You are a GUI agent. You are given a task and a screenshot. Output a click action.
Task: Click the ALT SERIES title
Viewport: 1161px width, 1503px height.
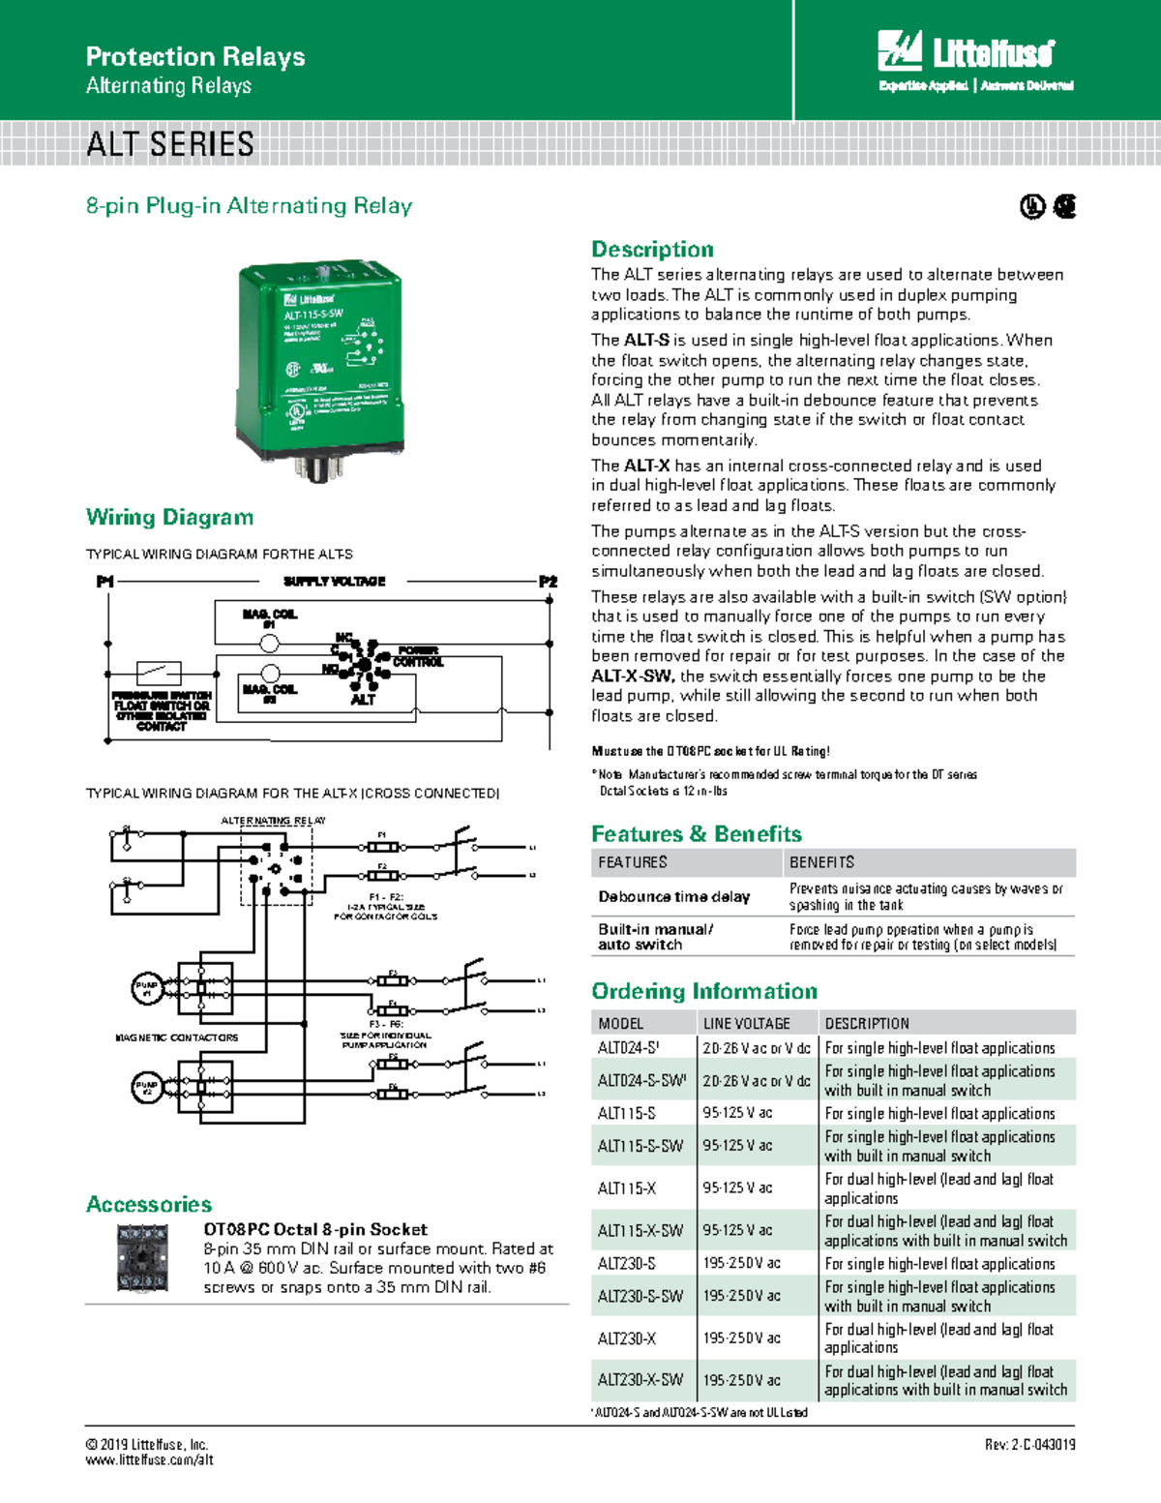[170, 145]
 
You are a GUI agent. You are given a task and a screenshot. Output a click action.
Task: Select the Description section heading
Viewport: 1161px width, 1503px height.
[652, 250]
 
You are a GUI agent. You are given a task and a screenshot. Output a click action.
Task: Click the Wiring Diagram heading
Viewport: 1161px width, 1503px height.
[170, 518]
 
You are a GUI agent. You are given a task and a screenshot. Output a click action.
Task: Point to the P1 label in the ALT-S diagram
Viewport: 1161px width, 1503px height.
[104, 582]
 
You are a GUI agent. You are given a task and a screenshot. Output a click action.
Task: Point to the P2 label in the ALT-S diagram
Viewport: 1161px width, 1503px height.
[548, 582]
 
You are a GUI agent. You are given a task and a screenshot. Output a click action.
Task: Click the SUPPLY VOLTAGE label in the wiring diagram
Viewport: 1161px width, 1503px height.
[334, 582]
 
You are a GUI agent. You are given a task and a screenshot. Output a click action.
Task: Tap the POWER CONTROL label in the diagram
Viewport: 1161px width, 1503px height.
[418, 657]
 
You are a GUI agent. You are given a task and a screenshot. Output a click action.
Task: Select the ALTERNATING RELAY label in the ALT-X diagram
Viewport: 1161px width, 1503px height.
[273, 821]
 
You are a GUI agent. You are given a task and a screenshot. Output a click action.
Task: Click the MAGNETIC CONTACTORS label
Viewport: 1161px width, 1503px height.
[176, 1037]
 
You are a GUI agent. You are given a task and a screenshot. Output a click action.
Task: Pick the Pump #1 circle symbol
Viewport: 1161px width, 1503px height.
[146, 988]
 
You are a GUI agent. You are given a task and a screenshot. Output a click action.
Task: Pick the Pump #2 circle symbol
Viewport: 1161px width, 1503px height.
[146, 1087]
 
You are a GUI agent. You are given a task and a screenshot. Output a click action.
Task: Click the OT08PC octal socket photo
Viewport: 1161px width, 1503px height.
[142, 1258]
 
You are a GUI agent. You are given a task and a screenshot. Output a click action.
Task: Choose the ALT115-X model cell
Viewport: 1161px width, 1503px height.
[627, 1188]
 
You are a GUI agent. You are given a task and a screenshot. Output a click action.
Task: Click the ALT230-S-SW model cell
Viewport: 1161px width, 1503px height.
[640, 1296]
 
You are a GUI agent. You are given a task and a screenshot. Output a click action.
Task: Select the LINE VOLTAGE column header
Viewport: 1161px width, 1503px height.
[746, 1024]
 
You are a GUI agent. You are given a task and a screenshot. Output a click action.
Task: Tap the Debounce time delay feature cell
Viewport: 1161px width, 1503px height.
[673, 897]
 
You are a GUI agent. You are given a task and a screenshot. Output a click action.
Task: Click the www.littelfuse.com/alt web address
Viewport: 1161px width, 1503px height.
[149, 1460]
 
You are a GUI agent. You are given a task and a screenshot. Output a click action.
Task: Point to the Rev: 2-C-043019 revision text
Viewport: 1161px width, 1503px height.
[1029, 1445]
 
